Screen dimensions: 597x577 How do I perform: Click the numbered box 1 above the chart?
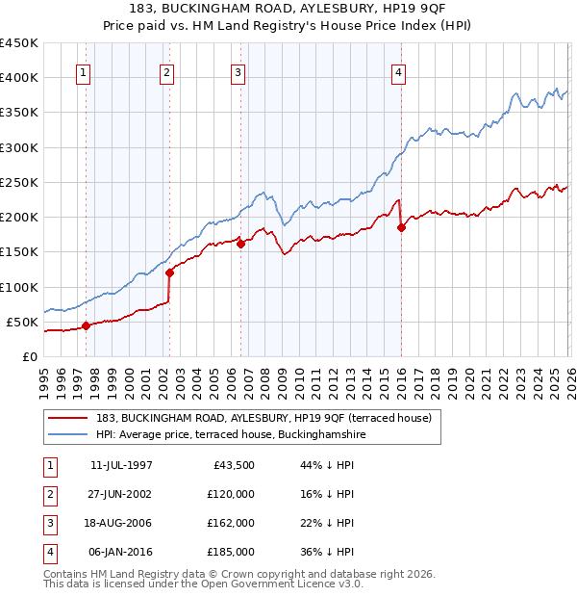point(85,72)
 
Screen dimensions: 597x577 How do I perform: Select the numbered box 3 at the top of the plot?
point(238,72)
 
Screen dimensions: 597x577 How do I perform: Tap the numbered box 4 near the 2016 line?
point(398,72)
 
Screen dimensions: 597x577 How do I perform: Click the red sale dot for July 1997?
point(86,325)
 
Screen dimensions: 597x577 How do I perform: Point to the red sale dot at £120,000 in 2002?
point(169,273)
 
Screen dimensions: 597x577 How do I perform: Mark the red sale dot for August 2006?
point(240,244)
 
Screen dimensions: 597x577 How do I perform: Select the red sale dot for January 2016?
point(401,228)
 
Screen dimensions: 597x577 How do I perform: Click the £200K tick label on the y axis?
point(19,218)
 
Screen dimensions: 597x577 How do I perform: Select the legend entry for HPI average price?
point(230,435)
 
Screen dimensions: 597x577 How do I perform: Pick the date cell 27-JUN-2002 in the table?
point(120,494)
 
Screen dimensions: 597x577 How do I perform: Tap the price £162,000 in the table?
point(231,523)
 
